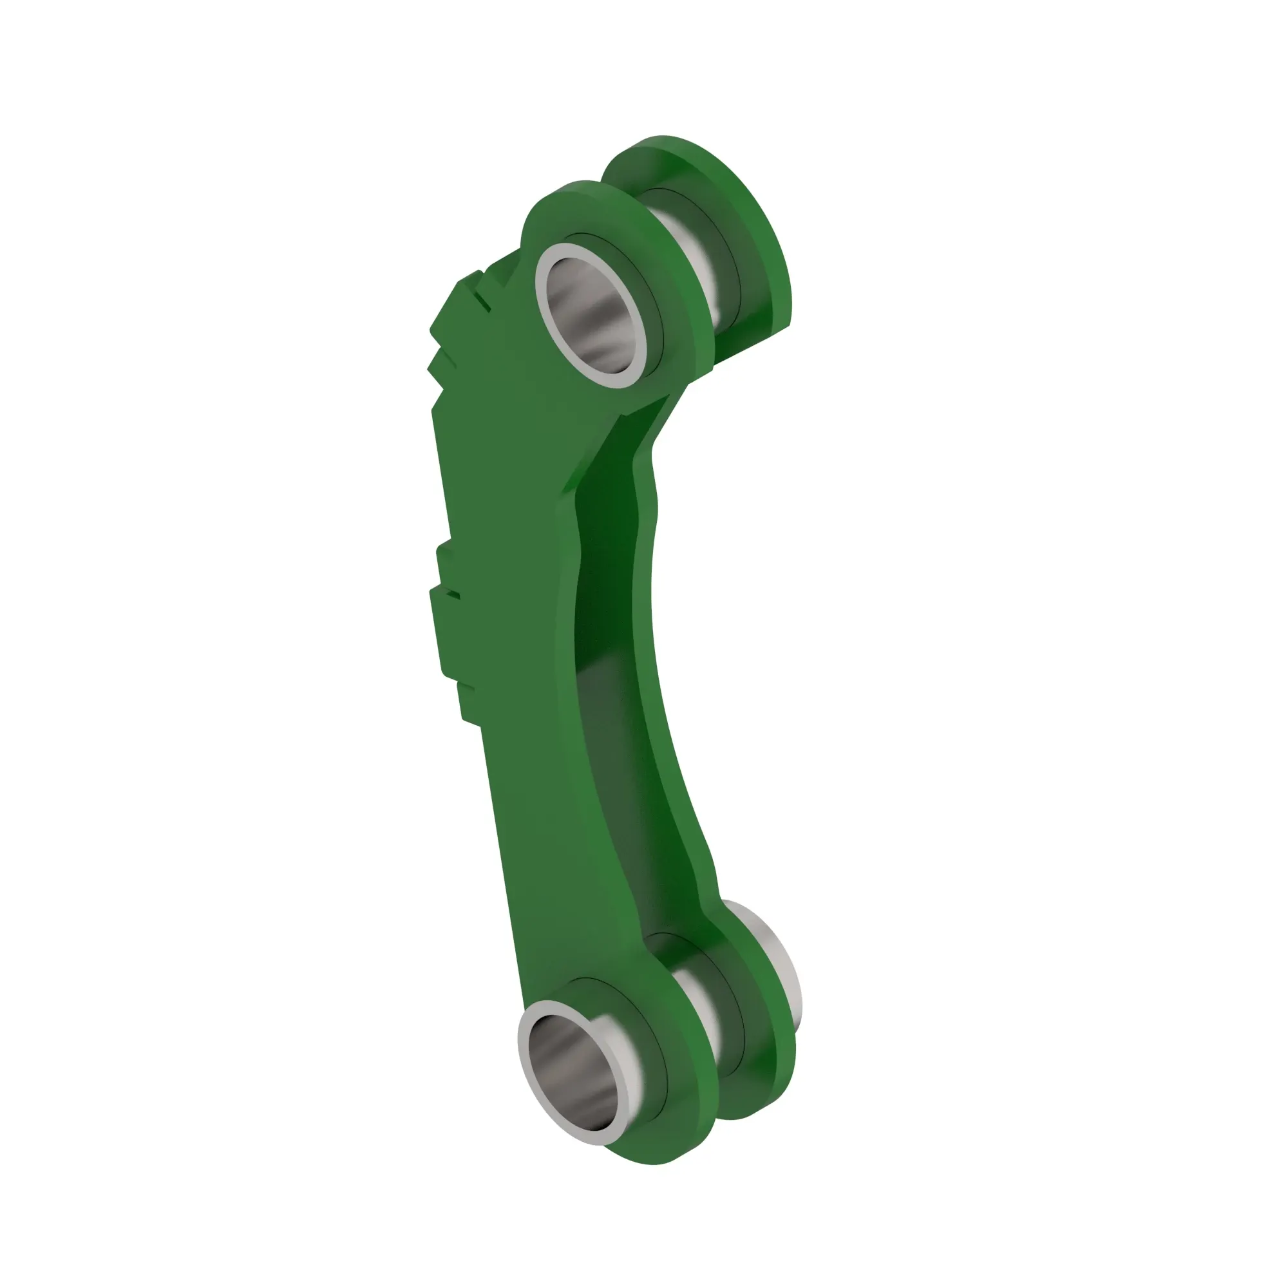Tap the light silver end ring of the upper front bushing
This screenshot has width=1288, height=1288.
point(542,293)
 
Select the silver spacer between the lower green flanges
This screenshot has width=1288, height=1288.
point(697,1013)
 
